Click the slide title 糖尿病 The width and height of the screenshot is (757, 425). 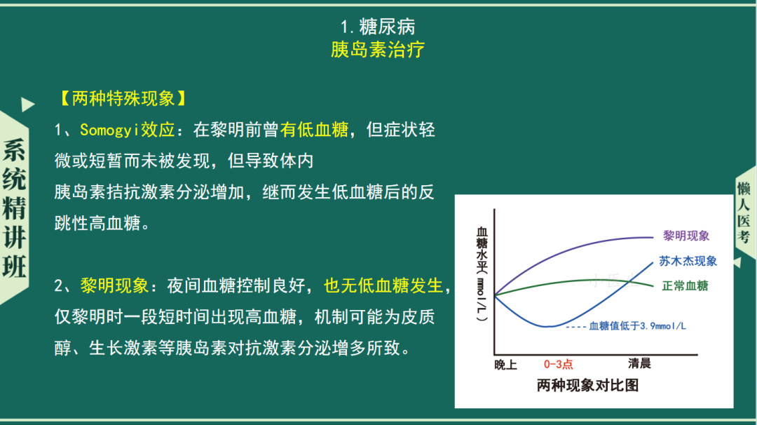[x=387, y=27]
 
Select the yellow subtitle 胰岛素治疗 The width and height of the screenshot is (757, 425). [x=378, y=49]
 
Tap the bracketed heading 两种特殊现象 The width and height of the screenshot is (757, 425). [x=123, y=98]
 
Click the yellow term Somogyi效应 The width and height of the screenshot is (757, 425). [x=127, y=130]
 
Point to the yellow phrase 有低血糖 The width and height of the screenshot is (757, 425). [x=314, y=130]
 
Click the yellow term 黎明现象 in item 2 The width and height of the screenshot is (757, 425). [x=114, y=286]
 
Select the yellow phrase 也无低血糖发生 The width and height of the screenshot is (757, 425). [x=383, y=286]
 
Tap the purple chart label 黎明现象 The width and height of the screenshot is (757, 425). [x=686, y=236]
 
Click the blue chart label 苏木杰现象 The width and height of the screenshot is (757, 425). [x=688, y=262]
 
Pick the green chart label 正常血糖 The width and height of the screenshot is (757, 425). [x=685, y=286]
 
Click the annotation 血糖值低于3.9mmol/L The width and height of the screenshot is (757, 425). [x=637, y=327]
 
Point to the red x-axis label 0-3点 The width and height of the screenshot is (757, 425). [x=558, y=364]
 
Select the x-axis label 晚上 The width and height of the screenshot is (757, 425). [x=505, y=365]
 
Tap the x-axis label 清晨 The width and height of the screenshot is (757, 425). [x=639, y=363]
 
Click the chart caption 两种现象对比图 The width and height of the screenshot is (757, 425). [x=587, y=386]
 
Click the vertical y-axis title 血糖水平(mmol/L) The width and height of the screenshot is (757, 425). [x=482, y=274]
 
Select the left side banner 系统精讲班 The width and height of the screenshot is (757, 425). [x=14, y=208]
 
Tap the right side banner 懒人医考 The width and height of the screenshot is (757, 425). [x=744, y=212]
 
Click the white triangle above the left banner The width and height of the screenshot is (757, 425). [x=27, y=104]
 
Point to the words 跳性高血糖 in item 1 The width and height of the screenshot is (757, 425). [x=97, y=223]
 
